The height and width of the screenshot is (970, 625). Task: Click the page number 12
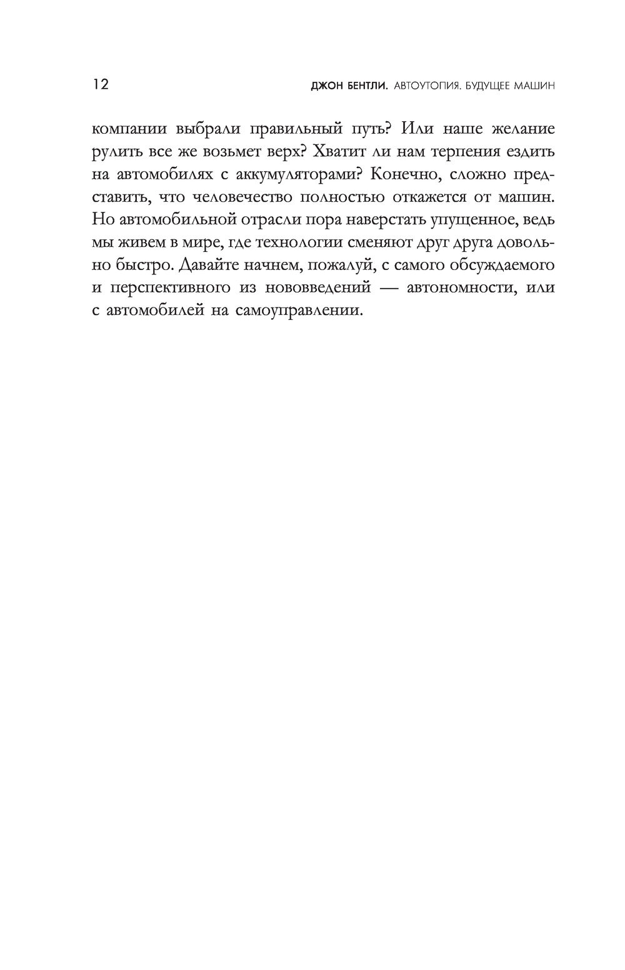point(100,85)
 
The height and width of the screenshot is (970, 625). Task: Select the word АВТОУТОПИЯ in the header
point(425,86)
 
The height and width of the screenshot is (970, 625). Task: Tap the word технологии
point(300,242)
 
